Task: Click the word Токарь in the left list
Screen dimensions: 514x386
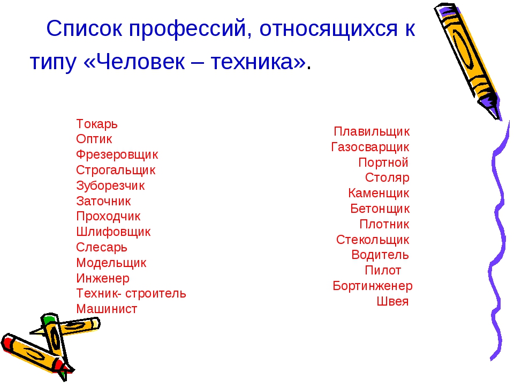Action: [x=97, y=124]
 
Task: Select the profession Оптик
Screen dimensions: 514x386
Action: [x=94, y=139]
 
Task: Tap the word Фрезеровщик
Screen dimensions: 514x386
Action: [x=117, y=154]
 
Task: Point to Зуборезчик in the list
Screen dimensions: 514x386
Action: [x=110, y=186]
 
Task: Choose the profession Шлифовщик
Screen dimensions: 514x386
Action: [x=113, y=232]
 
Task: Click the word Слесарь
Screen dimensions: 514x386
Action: [x=102, y=248]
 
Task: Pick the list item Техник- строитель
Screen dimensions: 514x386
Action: [x=131, y=293]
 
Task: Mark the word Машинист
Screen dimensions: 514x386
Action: [x=107, y=309]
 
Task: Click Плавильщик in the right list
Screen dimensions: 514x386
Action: [x=372, y=132]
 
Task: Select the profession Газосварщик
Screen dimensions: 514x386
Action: [x=370, y=147]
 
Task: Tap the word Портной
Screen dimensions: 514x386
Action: [x=383, y=162]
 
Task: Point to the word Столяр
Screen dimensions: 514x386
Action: [x=387, y=177]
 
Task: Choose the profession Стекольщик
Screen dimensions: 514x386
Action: [x=373, y=240]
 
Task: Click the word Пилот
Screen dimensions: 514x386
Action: [x=383, y=270]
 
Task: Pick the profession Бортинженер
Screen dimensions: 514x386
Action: [x=373, y=286]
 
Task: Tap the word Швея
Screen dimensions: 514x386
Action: [x=392, y=301]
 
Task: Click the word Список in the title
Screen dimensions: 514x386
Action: [x=85, y=28]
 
